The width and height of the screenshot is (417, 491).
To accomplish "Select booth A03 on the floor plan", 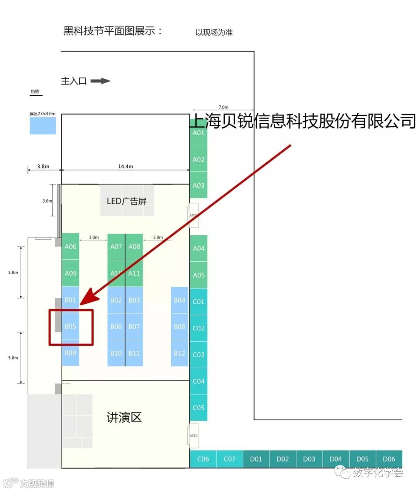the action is tap(198, 185).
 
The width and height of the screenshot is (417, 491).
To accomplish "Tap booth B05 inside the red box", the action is tap(70, 327).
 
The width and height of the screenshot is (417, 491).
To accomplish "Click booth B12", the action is tap(180, 353).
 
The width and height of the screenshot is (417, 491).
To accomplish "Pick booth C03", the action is tap(198, 354).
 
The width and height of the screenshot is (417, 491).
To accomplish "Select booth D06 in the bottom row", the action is tap(389, 459).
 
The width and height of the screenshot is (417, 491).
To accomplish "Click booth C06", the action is tap(203, 459).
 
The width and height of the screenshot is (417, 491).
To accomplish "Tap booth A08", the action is tap(134, 247).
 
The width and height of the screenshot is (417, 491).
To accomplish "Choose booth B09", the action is tap(70, 353).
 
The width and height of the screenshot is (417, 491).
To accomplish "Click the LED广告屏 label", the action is tap(127, 201).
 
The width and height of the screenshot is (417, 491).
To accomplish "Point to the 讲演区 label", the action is tap(124, 417).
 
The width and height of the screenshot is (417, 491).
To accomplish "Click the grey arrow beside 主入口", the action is tap(100, 81).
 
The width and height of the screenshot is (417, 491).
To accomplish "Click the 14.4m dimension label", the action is tap(125, 166).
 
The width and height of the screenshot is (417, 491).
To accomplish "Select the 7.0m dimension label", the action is tap(224, 107).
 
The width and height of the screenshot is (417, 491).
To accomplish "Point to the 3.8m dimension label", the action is tap(43, 166).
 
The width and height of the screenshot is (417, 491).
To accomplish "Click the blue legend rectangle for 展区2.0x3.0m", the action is tap(43, 126).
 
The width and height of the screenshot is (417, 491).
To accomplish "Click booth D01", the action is tap(256, 459).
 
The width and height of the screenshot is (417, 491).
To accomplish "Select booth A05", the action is tap(198, 275).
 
